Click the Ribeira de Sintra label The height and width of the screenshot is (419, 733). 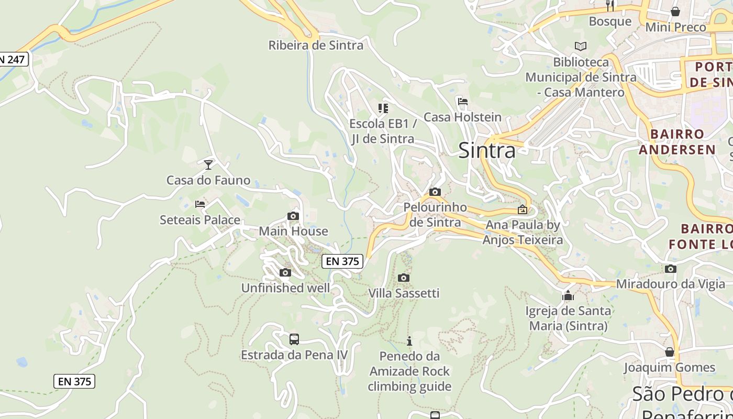(316, 45)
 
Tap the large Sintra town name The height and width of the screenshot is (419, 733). (486, 151)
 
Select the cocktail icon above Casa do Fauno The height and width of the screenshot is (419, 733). (208, 165)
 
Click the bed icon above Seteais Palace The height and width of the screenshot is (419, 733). (200, 204)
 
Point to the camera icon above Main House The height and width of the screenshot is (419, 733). (293, 216)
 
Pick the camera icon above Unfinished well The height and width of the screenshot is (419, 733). (285, 272)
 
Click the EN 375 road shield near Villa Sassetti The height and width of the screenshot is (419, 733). (342, 261)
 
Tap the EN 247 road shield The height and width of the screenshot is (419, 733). (13, 59)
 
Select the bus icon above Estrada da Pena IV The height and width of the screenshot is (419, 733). (294, 339)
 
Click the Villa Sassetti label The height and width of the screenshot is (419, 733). (404, 293)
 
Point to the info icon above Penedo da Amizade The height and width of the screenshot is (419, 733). (409, 341)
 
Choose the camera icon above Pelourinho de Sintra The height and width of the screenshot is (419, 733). (435, 192)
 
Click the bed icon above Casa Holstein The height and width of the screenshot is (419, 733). (462, 102)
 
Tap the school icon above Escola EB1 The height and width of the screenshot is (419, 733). (383, 108)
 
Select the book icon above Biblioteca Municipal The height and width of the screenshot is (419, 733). (580, 46)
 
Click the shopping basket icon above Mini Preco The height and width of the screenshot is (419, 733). (675, 12)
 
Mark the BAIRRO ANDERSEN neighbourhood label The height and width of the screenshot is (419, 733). (677, 142)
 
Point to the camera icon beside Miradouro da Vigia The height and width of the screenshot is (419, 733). (671, 269)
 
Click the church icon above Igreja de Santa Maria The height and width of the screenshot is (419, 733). (568, 296)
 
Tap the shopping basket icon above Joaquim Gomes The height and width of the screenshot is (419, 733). (669, 352)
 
